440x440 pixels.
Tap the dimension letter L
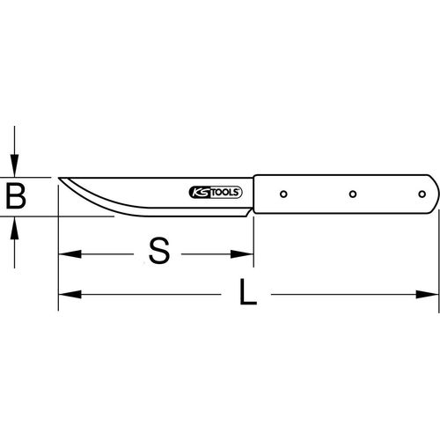[x=249, y=293]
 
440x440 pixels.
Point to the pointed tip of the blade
[x=59, y=179]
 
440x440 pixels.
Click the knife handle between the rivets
[x=317, y=194]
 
